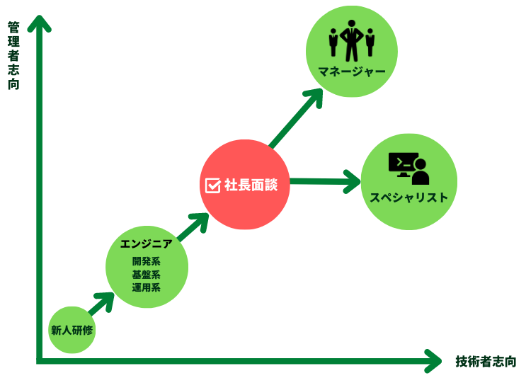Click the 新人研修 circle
[72, 330]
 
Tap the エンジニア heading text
[147, 244]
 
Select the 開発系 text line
[147, 261]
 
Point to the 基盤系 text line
[147, 275]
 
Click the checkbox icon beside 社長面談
[212, 185]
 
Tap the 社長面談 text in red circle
[251, 185]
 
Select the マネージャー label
[351, 72]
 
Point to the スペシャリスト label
[409, 197]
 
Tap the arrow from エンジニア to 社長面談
[192, 229]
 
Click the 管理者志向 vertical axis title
[13, 55]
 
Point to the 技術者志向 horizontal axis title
[486, 361]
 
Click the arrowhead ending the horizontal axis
[434, 361]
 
